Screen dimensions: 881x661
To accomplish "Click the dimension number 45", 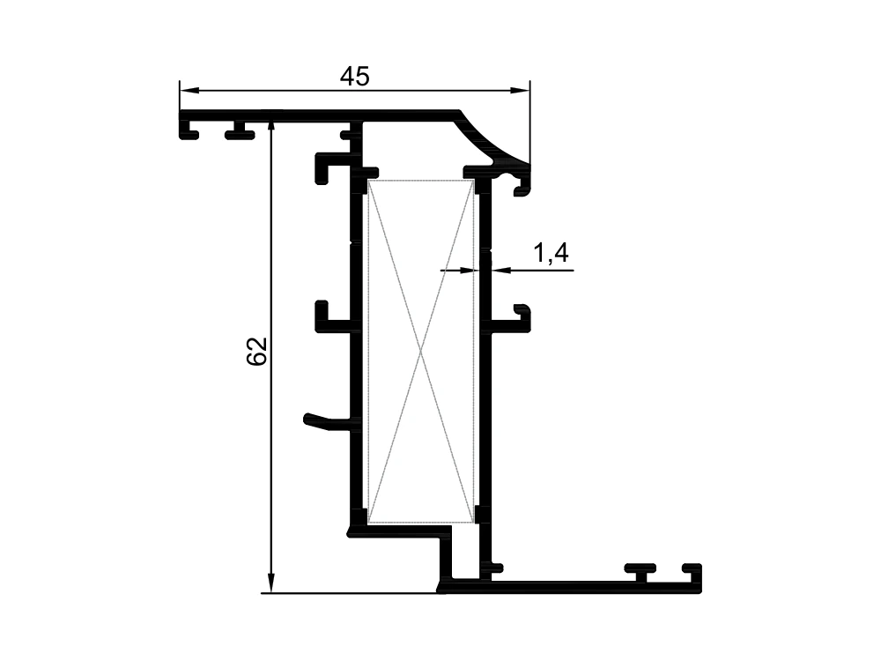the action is (x=354, y=77).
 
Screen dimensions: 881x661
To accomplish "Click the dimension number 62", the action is (x=256, y=352).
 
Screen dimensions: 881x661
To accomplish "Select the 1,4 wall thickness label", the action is (x=551, y=253).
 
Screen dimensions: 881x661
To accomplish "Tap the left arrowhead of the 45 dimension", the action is (x=189, y=90).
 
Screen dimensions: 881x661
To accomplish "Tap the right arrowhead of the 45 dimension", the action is (x=520, y=90).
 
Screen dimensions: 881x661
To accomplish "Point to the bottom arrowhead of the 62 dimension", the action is (x=270, y=583).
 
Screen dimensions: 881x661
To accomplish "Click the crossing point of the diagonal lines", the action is (x=421, y=352).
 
